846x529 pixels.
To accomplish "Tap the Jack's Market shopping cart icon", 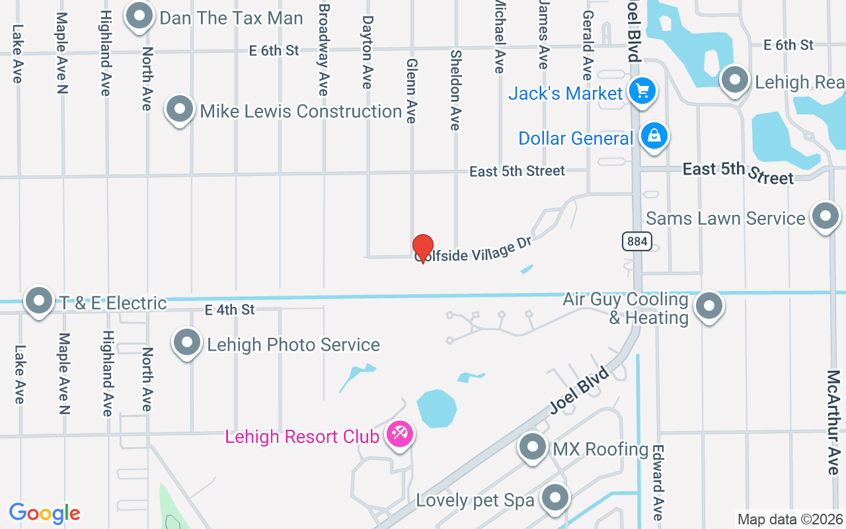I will (641, 91).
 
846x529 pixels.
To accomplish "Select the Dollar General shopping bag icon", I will (654, 136).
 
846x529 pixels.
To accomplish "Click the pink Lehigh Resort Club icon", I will (400, 434).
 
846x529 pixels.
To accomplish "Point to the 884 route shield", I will (637, 241).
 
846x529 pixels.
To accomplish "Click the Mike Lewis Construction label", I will (301, 111).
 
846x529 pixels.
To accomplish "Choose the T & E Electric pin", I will (39, 300).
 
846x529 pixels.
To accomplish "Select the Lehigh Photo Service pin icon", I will (187, 343).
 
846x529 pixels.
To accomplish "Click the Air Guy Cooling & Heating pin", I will (709, 305).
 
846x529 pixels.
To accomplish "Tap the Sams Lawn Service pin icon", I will (825, 216).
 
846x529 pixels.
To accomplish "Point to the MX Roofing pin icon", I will (533, 447).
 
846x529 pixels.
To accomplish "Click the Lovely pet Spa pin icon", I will (556, 497).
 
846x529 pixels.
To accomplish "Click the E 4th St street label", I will (229, 309).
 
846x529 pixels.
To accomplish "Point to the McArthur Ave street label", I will (833, 422).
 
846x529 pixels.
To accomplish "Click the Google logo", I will (44, 513).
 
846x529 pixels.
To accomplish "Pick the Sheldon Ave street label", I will (455, 89).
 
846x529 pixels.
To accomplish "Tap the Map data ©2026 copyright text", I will (790, 520).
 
